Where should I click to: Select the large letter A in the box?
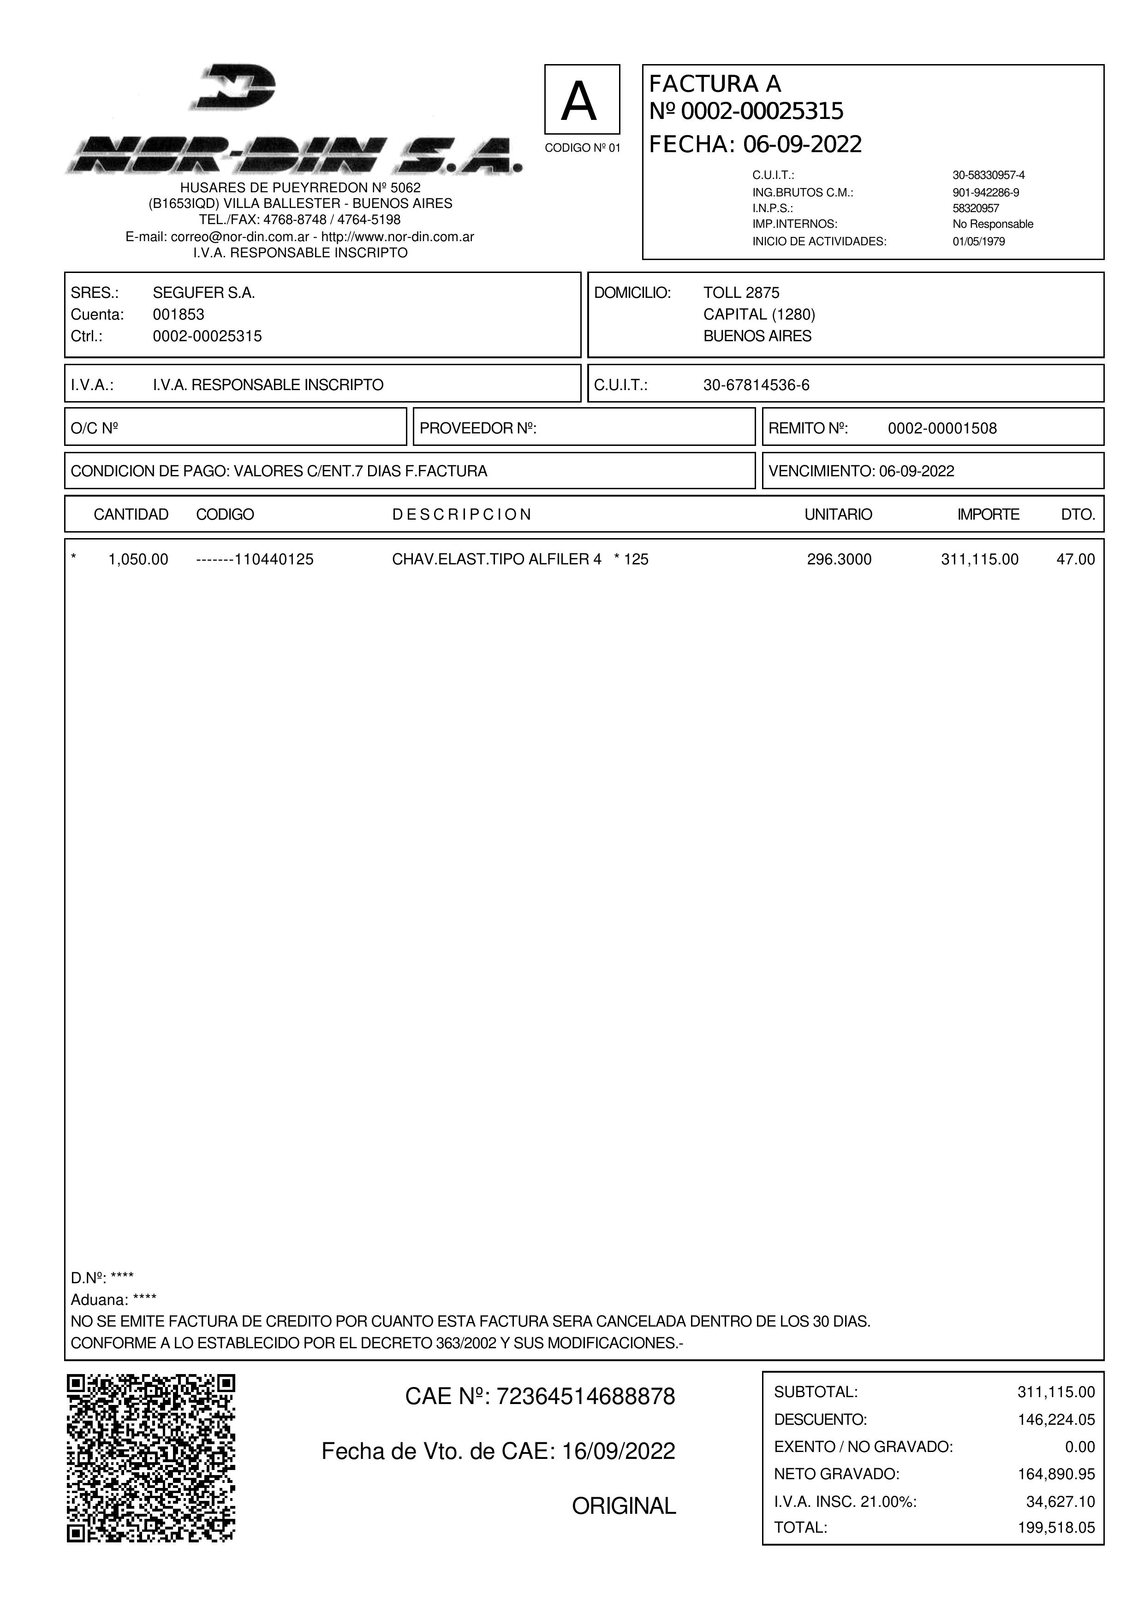[x=582, y=101]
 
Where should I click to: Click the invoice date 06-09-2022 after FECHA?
[x=802, y=144]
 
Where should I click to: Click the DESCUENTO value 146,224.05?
[x=1056, y=1419]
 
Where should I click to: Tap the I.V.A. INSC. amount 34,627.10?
[x=1060, y=1501]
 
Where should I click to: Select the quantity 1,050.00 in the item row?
[x=138, y=559]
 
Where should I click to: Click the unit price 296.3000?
[x=839, y=559]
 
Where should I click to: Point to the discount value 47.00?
[x=1076, y=559]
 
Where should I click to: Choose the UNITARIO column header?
[x=838, y=515]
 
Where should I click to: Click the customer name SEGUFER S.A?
[x=204, y=293]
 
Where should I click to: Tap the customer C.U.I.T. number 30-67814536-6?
[x=757, y=385]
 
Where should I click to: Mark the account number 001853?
[x=179, y=314]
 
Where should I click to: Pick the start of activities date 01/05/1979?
[x=978, y=242]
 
